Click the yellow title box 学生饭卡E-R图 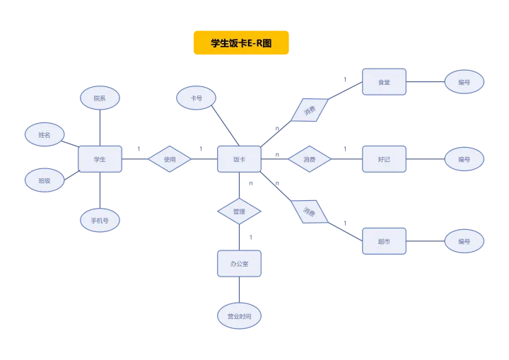coord(242,42)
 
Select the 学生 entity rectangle coord(100,159)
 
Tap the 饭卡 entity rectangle coord(239,159)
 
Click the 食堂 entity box coord(384,82)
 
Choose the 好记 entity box coord(384,159)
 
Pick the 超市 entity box coord(384,240)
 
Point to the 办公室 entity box coord(239,263)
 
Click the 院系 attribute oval coord(100,98)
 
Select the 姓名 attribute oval coord(45,134)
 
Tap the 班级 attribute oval coord(45,180)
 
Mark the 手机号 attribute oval coord(100,221)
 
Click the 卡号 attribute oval coord(197,98)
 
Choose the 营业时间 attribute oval coord(239,316)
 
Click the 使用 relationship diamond coord(170,159)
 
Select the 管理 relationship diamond coord(239,211)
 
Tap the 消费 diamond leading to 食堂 coord(310,110)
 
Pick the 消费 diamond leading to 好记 coord(310,159)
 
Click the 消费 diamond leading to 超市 coord(310,211)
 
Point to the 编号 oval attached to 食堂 coord(464,82)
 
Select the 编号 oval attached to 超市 coord(464,240)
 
